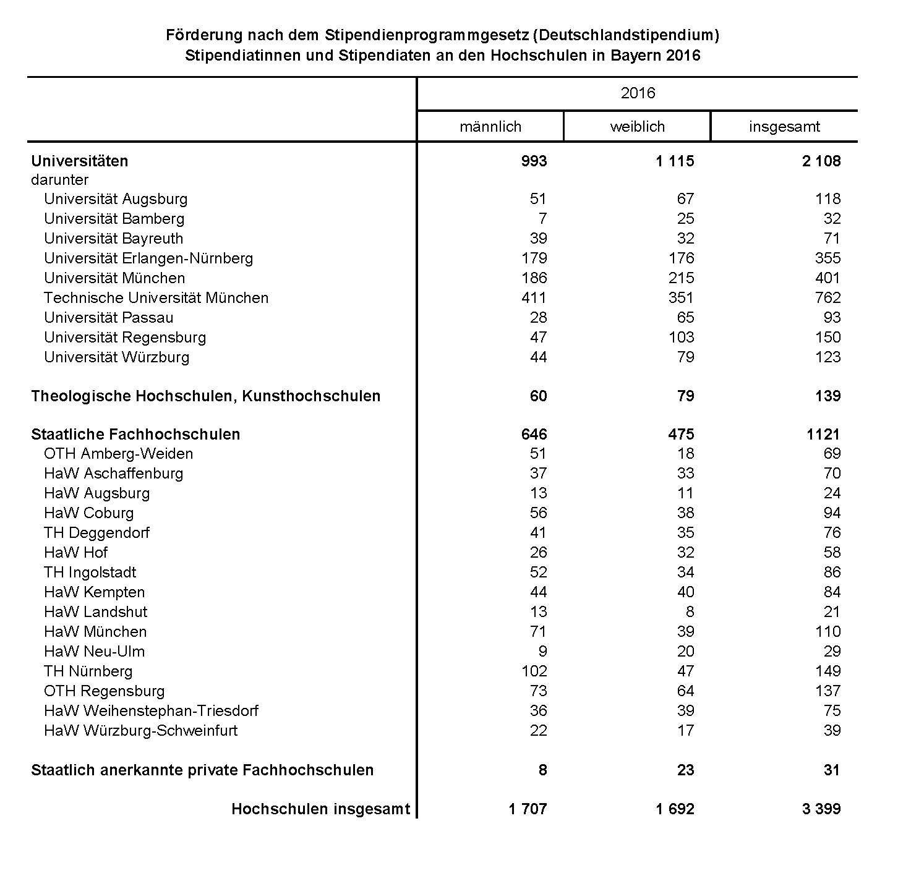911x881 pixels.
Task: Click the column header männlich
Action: [x=490, y=127]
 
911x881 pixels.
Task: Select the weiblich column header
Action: [x=637, y=127]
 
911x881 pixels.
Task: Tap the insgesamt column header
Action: [x=784, y=127]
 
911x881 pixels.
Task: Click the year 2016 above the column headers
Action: [x=638, y=93]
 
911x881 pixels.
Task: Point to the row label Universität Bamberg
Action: [x=114, y=219]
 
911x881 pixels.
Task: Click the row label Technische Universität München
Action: [x=156, y=298]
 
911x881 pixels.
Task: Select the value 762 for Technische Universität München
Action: [x=828, y=298]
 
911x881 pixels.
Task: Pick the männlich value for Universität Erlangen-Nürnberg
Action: [x=534, y=258]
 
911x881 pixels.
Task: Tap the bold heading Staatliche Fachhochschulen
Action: [x=135, y=435]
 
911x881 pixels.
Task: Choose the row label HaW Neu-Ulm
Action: [x=94, y=652]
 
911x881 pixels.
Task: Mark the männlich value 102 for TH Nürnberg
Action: [x=534, y=671]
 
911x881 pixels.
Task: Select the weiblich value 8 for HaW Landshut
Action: [x=690, y=612]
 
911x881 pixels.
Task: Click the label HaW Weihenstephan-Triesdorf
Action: [x=151, y=711]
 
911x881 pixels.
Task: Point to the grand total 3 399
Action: [x=821, y=809]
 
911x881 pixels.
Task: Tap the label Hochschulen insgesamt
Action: [x=320, y=809]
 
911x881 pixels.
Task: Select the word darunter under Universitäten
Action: [x=59, y=180]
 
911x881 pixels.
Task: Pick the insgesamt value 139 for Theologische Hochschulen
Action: [x=828, y=396]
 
